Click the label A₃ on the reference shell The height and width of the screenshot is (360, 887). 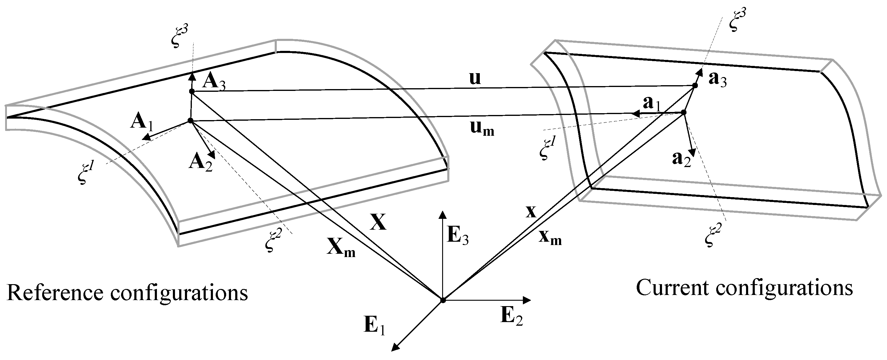[x=214, y=82]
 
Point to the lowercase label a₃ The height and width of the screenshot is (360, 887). [x=717, y=80]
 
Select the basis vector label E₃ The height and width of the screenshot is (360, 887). [x=458, y=236]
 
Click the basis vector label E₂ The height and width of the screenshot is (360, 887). [x=511, y=316]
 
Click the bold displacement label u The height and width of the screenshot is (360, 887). [x=475, y=79]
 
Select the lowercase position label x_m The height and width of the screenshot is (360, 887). [x=550, y=237]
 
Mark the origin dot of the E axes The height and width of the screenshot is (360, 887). [x=443, y=300]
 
